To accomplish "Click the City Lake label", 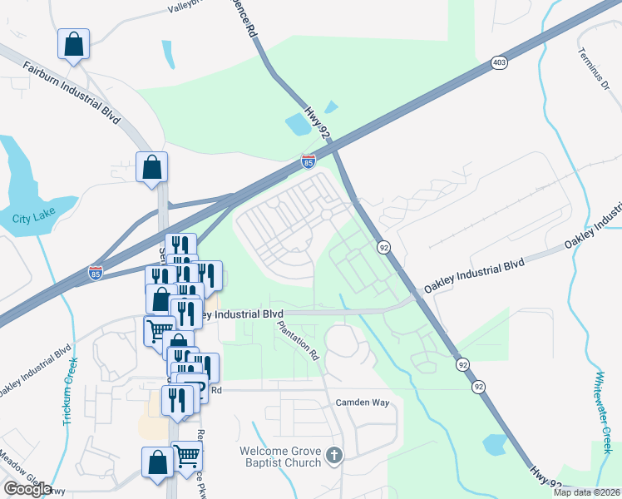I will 32,220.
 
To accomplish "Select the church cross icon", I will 334,455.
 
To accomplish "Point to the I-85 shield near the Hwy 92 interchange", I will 309,162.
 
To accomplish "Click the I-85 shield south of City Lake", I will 96,273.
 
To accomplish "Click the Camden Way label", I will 363,403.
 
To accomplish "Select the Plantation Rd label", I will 299,339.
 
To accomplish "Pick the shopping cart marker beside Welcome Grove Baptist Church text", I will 187,456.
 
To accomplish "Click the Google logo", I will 27,489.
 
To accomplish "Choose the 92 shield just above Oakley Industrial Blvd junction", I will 383,247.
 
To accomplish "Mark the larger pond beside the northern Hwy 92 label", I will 298,125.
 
